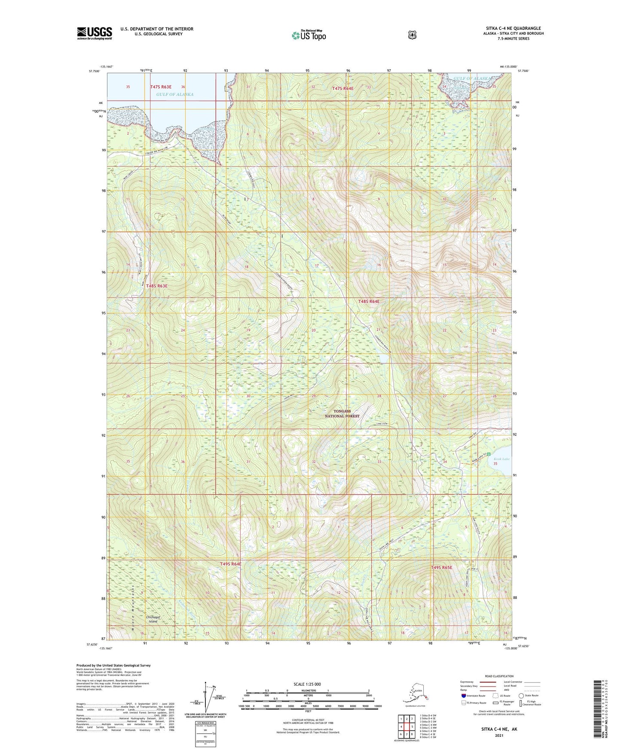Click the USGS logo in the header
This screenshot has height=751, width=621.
94,33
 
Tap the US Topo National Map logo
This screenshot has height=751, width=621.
309,35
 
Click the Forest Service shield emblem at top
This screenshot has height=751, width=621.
412,35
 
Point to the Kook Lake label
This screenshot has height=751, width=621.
501,459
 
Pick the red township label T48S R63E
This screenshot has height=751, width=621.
156,286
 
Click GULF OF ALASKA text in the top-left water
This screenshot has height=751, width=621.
174,94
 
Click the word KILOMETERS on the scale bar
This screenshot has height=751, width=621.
307,690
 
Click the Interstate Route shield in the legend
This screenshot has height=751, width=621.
463,696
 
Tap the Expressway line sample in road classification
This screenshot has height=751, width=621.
487,682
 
